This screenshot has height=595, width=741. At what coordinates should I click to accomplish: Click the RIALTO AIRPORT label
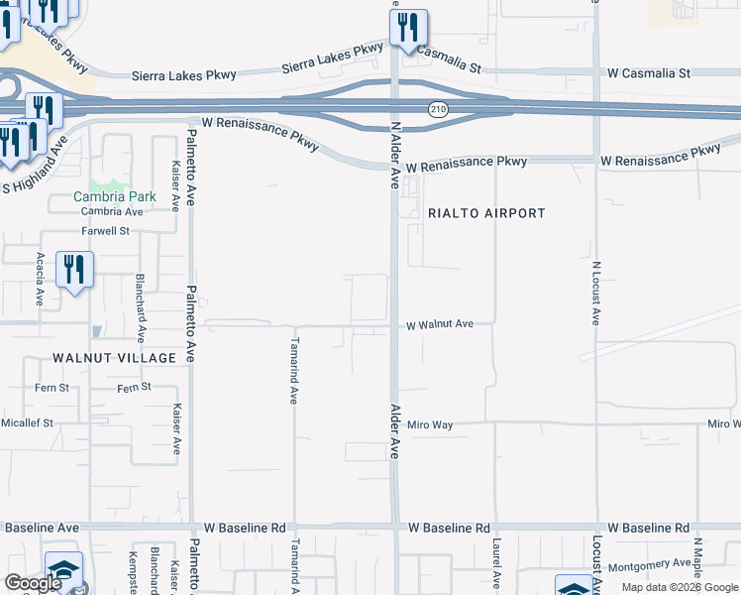tap(486, 213)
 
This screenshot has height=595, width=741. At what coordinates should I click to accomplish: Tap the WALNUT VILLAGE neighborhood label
tap(114, 357)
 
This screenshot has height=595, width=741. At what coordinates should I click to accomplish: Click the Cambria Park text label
tap(115, 196)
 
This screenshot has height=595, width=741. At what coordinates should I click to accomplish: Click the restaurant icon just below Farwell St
tap(74, 270)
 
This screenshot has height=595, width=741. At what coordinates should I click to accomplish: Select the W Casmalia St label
tap(648, 73)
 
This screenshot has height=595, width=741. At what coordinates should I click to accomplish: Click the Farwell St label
tap(106, 231)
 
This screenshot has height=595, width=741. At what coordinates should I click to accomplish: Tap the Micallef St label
tap(26, 421)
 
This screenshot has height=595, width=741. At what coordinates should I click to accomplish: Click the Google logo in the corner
tap(33, 582)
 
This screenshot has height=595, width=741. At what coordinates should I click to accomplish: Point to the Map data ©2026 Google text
tap(679, 587)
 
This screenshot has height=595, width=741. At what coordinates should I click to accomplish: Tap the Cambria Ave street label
tap(112, 211)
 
